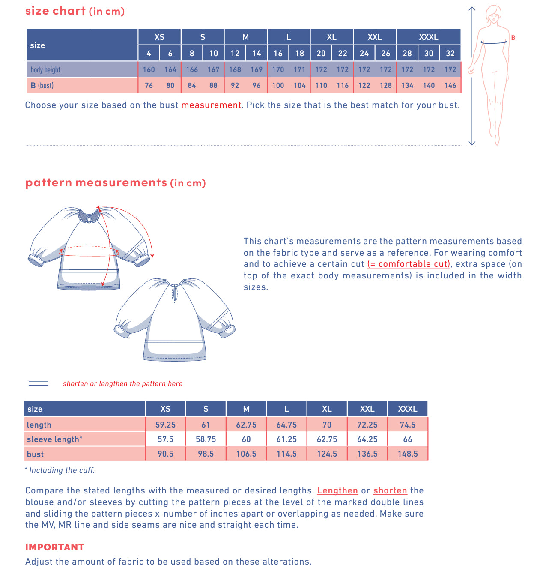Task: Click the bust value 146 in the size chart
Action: (450, 85)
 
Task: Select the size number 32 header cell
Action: (450, 53)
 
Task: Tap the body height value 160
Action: (149, 69)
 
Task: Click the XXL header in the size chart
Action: (375, 37)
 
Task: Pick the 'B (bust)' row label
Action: (42, 85)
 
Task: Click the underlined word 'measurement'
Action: (211, 105)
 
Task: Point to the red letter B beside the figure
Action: (513, 38)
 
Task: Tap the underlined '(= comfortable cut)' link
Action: (409, 264)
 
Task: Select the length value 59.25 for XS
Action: (165, 425)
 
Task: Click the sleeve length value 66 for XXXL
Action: (407, 439)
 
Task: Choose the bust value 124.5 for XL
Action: (327, 454)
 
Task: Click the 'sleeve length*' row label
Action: (54, 439)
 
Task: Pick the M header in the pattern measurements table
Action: (246, 409)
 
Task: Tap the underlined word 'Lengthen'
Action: (337, 490)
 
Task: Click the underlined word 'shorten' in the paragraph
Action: (390, 490)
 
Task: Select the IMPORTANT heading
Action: (55, 547)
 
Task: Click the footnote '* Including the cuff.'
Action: (60, 470)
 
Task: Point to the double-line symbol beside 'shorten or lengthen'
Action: (39, 383)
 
